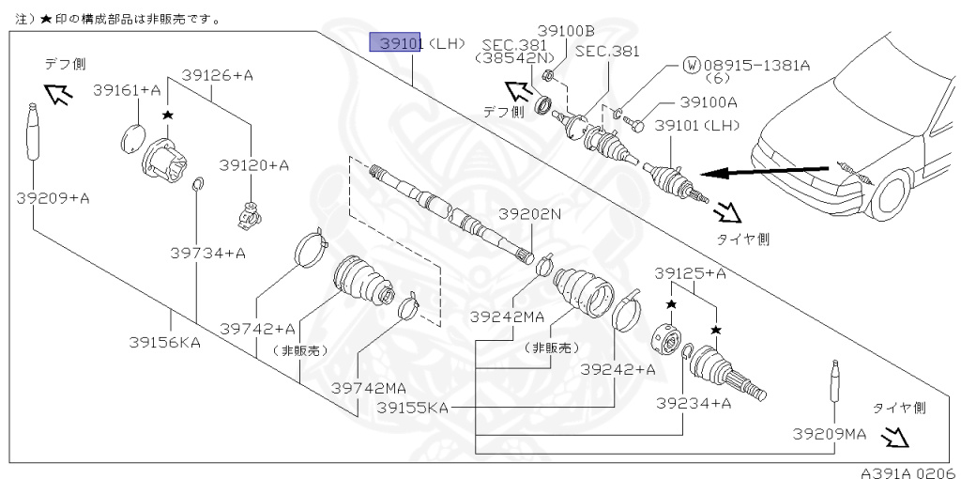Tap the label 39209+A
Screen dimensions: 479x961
pyautogui.click(x=53, y=198)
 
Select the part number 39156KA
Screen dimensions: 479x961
pyautogui.click(x=165, y=343)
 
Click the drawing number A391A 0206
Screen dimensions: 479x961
pyautogui.click(x=907, y=471)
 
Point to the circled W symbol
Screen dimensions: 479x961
pyautogui.click(x=692, y=66)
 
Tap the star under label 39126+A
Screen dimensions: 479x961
pyautogui.click(x=168, y=115)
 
